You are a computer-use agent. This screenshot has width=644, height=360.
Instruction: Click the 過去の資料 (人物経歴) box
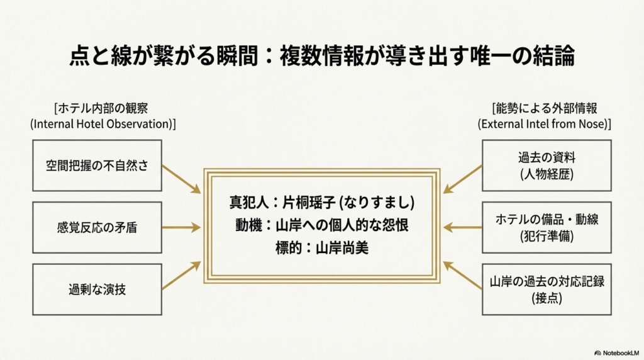point(546,166)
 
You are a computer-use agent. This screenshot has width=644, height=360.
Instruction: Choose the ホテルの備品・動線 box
point(546,227)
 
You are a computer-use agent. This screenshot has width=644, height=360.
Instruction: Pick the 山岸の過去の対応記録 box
point(546,290)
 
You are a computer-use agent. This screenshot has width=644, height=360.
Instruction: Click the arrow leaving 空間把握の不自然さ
point(181,179)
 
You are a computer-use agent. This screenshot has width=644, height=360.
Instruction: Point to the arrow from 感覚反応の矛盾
point(181,228)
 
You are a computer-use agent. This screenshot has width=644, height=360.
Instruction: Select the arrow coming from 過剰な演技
point(181,277)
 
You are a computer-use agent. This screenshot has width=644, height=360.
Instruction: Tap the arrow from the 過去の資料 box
point(462,179)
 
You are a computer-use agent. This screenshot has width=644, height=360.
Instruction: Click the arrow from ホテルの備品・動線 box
point(462,228)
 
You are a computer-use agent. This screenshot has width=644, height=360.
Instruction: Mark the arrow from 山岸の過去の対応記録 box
point(462,276)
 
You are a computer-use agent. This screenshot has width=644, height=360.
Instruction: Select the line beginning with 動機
point(321,225)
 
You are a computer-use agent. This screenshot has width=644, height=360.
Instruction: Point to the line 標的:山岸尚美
point(321,248)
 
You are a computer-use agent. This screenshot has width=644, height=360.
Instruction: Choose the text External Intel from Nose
point(545,123)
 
